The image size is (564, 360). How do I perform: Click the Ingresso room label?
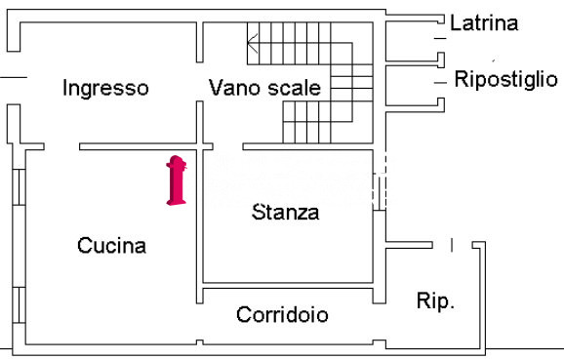[x=105, y=88]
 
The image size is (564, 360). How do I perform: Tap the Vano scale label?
[x=264, y=88]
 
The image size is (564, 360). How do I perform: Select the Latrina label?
[x=484, y=23]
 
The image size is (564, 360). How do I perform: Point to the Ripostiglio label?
[x=506, y=80]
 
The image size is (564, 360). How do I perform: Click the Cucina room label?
[x=111, y=246]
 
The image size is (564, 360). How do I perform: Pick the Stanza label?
[x=285, y=212]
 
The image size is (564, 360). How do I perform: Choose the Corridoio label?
[x=282, y=315]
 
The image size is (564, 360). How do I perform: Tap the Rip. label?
[x=435, y=301]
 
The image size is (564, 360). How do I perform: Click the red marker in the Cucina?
[x=176, y=180]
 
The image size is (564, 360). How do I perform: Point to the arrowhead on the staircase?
[x=252, y=41]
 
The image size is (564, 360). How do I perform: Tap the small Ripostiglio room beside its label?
[x=410, y=84]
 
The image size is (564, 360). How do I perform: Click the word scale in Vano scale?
[x=296, y=88]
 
